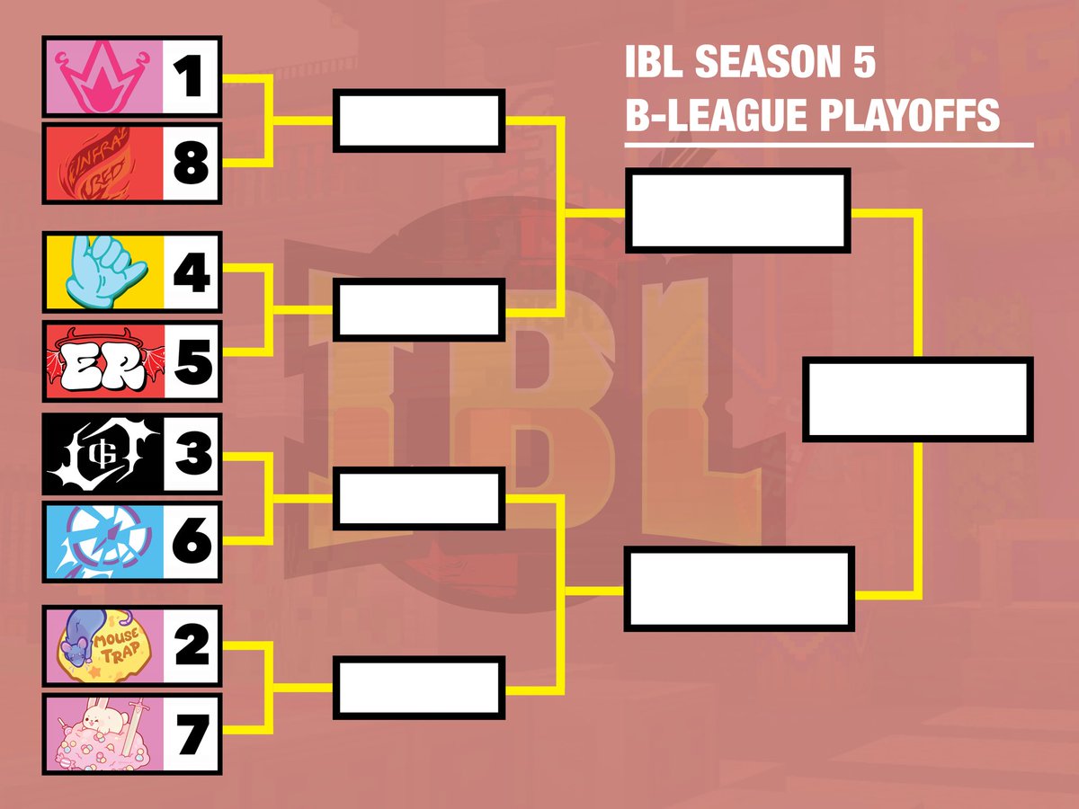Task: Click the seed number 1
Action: [x=191, y=76]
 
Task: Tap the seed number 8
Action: [x=191, y=164]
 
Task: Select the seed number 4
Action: [x=191, y=273]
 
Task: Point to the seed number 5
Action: [x=191, y=360]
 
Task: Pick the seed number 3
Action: [x=191, y=453]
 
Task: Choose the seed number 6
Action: [x=191, y=540]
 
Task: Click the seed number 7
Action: [x=191, y=733]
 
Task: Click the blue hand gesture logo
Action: [x=101, y=273]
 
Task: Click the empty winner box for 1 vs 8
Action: [x=418, y=120]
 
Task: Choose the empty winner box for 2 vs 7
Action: [x=418, y=689]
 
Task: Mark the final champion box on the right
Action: [x=917, y=399]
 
